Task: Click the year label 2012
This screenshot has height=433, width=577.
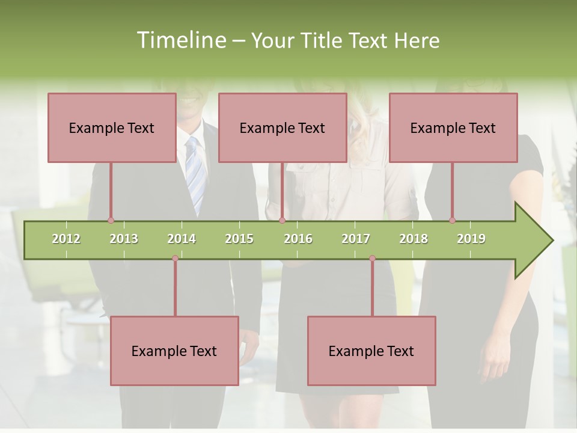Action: click(x=66, y=239)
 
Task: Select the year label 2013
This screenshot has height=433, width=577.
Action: click(x=124, y=239)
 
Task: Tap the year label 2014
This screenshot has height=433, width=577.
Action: click(x=182, y=239)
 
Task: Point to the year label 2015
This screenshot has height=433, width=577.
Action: click(x=239, y=239)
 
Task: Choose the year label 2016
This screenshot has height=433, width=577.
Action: click(x=298, y=239)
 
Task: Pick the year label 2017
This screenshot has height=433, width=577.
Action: click(x=356, y=239)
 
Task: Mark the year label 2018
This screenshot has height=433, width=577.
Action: click(x=414, y=239)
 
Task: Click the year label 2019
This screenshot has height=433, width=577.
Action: click(x=471, y=239)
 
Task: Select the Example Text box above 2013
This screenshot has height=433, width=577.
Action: click(x=112, y=127)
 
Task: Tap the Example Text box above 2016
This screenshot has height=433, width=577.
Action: click(x=282, y=127)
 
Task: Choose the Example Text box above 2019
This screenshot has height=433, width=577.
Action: click(x=453, y=127)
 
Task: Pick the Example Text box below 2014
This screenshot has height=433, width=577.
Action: click(x=174, y=351)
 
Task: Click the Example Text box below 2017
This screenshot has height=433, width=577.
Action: click(x=371, y=351)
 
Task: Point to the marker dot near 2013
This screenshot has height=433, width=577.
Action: click(x=111, y=220)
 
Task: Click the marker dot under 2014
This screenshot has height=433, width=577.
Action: click(x=175, y=258)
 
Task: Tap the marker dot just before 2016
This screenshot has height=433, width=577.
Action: click(x=282, y=220)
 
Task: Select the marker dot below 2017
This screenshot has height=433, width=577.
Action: click(x=372, y=258)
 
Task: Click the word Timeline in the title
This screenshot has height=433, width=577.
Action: click(x=180, y=40)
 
